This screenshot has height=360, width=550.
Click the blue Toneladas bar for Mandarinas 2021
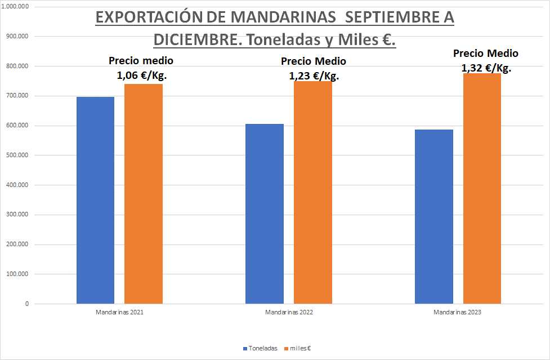pos(95,200)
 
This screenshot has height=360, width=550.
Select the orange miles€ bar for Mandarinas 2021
pos(143,194)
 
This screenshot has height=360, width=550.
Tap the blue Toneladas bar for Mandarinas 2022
pos(265,214)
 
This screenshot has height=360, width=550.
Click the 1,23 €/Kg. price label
pos(314,75)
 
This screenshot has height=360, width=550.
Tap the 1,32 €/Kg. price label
pos(486,68)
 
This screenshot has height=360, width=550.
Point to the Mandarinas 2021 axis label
pos(119,312)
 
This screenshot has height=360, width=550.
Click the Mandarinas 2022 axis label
pos(288,312)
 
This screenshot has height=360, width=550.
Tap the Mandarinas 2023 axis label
pos(458,312)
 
